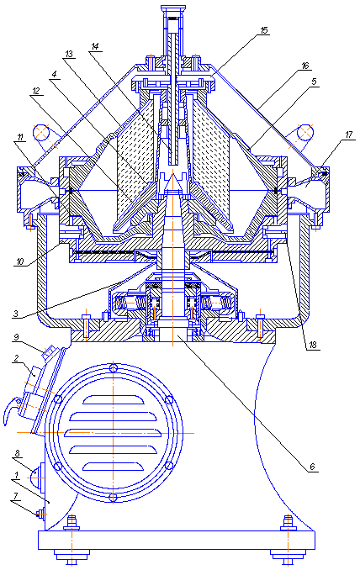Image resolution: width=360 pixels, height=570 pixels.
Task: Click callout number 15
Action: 264,30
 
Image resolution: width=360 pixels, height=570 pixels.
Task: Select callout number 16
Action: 305,66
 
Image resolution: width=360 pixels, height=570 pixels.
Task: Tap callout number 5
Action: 315,82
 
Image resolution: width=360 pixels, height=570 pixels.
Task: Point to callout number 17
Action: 348,135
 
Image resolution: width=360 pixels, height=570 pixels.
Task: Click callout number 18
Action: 313,345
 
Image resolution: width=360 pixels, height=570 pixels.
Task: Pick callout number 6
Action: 312,467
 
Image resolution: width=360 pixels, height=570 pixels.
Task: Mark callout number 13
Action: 69,55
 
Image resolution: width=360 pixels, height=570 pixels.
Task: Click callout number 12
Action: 35,91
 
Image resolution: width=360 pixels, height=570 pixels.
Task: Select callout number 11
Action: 20,137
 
